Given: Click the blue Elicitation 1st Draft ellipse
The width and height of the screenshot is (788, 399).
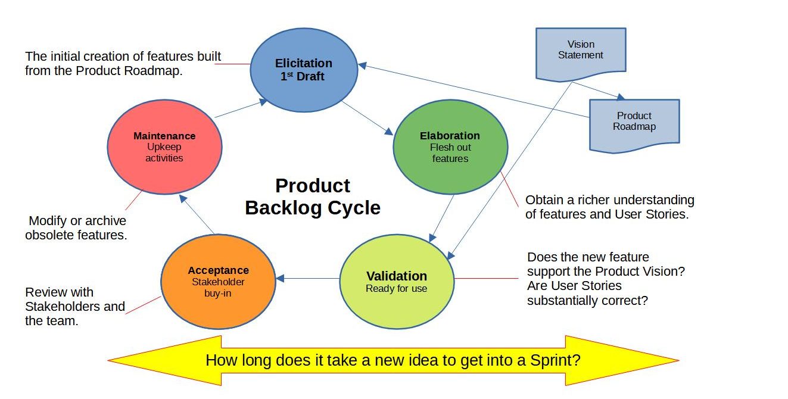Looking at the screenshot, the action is coord(304,70).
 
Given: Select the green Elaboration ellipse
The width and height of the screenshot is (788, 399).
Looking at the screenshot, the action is coord(450,147).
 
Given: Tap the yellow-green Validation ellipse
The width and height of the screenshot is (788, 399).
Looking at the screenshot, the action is coord(397,282).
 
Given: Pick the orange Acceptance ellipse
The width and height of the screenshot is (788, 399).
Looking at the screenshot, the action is coord(218,282).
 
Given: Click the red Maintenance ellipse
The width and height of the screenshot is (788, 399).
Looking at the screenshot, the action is coord(164,147).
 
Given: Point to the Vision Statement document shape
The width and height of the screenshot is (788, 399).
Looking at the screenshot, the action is coord(581,55).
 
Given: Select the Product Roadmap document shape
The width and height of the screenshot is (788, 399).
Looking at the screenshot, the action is coord(634,126).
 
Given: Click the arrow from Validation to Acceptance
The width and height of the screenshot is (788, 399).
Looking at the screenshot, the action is coord(308,279).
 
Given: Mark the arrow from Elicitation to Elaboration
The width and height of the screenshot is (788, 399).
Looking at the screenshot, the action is coord(367,118).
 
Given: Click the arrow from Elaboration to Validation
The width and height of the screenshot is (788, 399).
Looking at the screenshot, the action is coord(441,219).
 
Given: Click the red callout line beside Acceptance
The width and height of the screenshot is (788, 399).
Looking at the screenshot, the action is coord(143,305).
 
